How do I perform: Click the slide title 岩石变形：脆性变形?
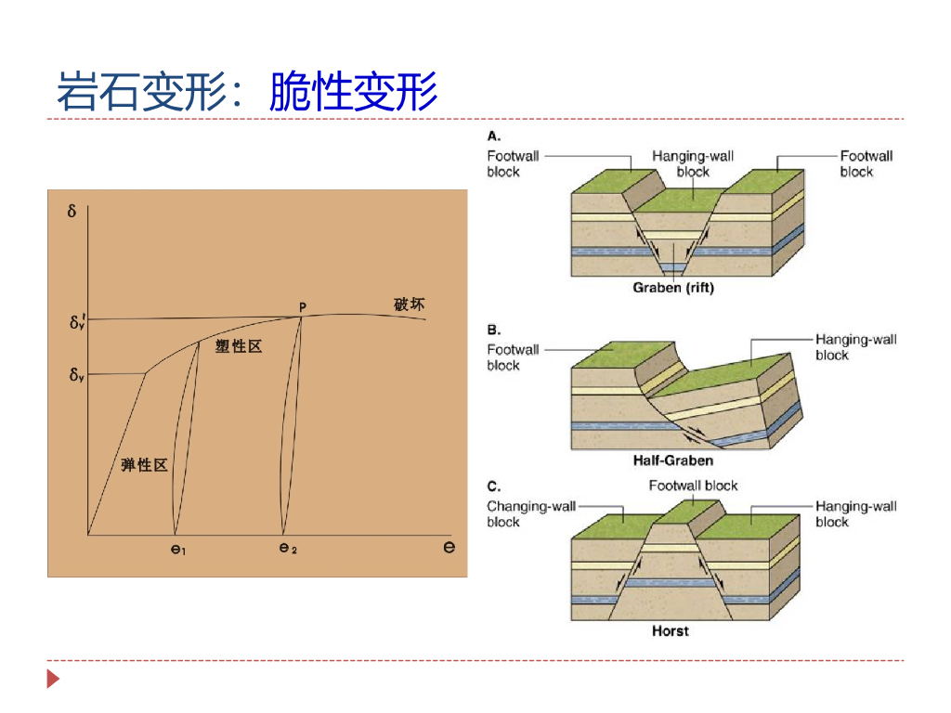(247, 91)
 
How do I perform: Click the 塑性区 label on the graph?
(239, 346)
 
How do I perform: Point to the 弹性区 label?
(144, 465)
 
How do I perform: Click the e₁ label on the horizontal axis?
(178, 550)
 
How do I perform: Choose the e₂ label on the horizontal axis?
(288, 549)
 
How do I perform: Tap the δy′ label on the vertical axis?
(78, 323)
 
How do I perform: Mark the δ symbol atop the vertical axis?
(72, 211)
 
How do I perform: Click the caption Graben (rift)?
(673, 288)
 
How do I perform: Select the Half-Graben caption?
(673, 460)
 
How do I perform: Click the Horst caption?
(670, 631)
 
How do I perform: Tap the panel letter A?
(494, 136)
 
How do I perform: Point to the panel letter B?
(494, 330)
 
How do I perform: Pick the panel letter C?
(494, 486)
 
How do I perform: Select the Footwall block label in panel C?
(693, 486)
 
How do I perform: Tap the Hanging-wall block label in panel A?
(693, 164)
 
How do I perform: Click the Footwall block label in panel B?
(513, 357)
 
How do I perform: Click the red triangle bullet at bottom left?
(53, 680)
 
